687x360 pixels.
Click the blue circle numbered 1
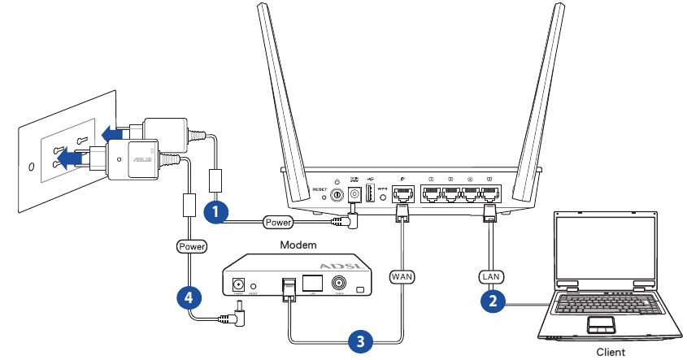pos(215,212)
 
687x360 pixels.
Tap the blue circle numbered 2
pos(491,301)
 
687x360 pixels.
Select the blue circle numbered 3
pos(358,340)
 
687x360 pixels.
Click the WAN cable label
pos(402,276)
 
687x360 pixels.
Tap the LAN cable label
pos(489,276)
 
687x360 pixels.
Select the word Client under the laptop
pos(611,352)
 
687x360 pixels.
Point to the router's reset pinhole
pos(324,196)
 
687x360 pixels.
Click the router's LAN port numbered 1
pos(431,195)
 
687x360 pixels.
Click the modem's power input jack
pos(239,285)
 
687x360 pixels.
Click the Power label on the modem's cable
pos(191,245)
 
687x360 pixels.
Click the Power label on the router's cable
pos(278,221)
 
